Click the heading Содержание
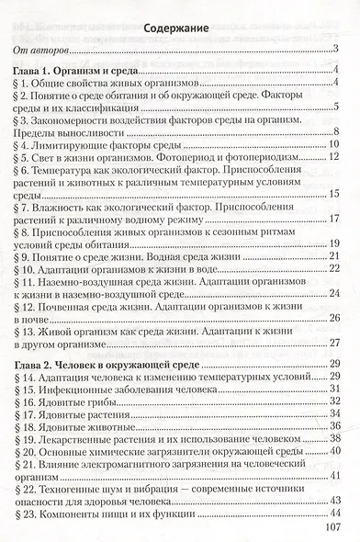(179, 28)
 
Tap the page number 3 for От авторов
(336, 50)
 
